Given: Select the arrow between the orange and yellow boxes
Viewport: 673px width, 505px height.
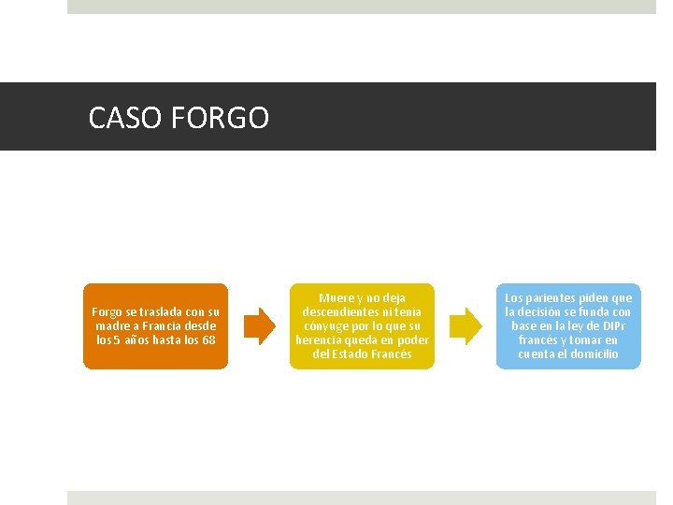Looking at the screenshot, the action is pos(260,325).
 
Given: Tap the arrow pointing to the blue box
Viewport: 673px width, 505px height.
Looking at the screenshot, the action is pos(465,325).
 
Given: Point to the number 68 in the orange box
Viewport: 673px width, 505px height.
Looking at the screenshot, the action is pos(208,339).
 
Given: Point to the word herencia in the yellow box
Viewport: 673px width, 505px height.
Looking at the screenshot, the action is pos(320,339).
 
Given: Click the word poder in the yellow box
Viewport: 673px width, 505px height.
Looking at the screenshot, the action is pos(412,339).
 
